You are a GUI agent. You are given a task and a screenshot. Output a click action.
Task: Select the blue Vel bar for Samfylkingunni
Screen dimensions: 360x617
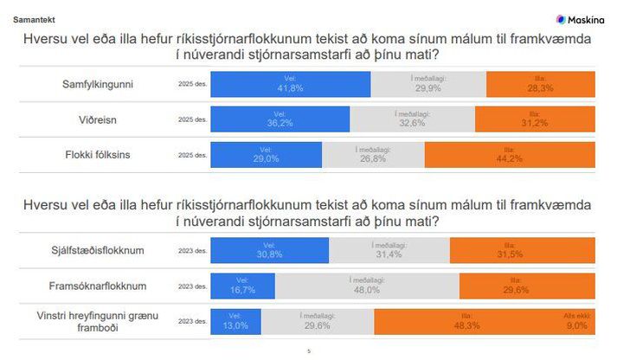[x=291, y=83]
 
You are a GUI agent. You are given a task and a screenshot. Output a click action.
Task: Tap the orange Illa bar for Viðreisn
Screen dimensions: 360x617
[x=534, y=119]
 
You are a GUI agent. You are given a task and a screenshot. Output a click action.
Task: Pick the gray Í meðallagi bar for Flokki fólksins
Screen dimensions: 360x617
[x=373, y=155]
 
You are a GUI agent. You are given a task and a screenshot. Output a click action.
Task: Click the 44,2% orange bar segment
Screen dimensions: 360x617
[x=509, y=155]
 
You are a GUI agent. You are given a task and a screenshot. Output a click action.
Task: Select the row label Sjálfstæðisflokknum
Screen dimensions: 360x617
[x=97, y=251]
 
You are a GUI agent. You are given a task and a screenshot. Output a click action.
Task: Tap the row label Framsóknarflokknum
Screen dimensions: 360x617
[x=97, y=286]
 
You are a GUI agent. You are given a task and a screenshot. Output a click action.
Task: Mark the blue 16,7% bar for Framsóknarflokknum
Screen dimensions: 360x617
[x=243, y=286]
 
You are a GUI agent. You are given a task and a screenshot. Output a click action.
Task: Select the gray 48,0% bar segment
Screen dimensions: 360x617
[x=367, y=286]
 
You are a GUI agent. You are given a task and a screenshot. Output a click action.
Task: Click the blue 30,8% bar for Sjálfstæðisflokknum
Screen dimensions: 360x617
[x=270, y=251]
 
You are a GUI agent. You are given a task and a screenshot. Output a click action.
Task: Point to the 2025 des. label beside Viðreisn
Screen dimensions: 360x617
[x=191, y=119]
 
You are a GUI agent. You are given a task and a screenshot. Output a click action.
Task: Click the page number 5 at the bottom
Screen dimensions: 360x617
[x=309, y=351]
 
